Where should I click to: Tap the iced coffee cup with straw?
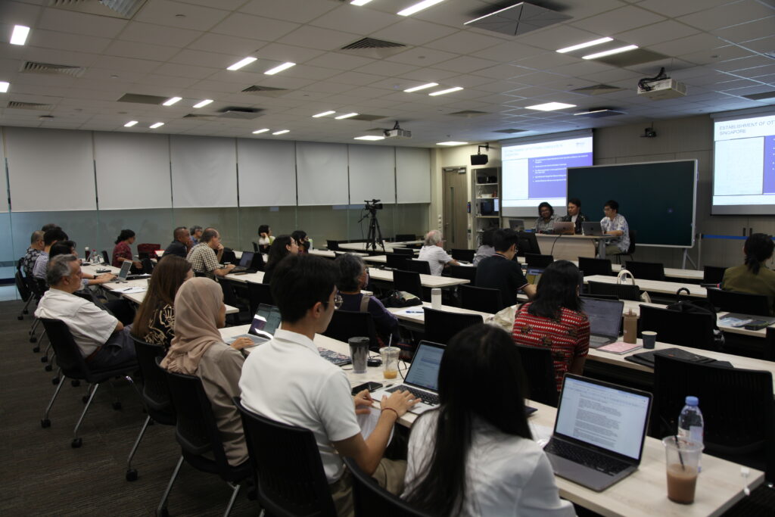coord(682,470)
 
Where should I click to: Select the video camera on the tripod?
coord(372,205)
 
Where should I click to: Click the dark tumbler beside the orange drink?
coord(359,353)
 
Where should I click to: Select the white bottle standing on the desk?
coord(436,297)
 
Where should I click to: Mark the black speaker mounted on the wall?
coord(479,159)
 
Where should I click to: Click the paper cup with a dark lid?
coord(649,340)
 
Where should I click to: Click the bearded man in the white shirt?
coord(76,310)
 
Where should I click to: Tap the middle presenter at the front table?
coord(573,216)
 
